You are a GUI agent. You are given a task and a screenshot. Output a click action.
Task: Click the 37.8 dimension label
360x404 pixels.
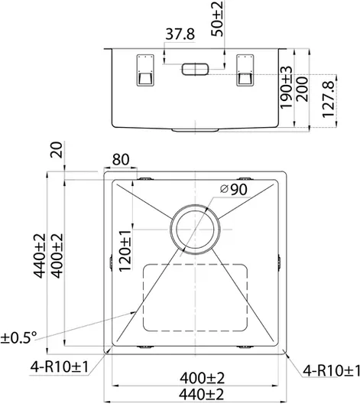[x=180, y=34]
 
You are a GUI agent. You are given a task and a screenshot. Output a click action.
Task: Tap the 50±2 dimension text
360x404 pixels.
[x=217, y=18]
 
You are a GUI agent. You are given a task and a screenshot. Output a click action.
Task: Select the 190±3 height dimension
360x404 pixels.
[x=287, y=87]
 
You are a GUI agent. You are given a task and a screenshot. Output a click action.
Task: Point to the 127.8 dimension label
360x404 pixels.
[x=329, y=99]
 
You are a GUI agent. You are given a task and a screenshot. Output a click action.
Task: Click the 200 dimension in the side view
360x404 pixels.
[x=302, y=90]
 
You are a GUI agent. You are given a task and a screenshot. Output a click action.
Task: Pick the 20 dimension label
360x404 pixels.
[x=57, y=150]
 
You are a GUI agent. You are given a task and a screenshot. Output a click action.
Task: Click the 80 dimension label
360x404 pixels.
[x=121, y=159]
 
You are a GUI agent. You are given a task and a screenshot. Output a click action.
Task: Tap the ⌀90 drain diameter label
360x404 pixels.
[x=234, y=190]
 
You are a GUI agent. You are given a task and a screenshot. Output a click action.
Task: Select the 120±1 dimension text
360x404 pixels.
[x=125, y=251]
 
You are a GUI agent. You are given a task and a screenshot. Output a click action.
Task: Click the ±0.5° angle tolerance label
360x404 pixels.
[x=18, y=337]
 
